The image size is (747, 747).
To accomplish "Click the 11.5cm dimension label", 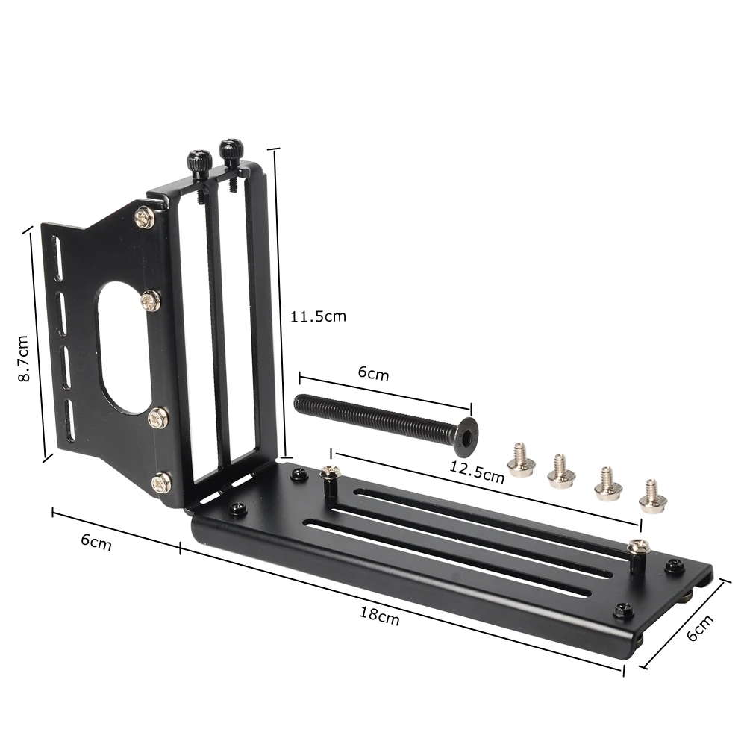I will point(318,316).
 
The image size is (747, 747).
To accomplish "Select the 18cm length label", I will point(378,616).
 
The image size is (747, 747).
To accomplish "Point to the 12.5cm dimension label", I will point(477,472).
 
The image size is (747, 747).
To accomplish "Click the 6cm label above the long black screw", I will point(373,374).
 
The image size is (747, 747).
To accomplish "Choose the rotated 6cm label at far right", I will point(699,628).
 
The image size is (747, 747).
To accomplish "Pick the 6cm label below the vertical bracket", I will point(96,543).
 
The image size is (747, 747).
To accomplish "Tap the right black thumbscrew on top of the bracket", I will point(229,150).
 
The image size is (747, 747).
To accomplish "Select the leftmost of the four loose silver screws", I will point(518,460).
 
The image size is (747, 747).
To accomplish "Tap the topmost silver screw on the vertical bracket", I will point(144,217).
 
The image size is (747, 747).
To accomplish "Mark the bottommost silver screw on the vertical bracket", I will point(161,482).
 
